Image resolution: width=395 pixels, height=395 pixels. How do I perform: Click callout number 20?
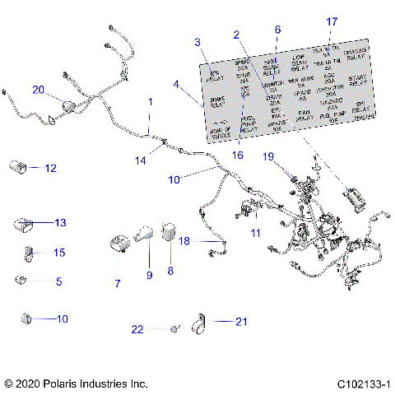[39, 90]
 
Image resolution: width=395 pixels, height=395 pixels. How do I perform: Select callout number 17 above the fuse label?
[332, 21]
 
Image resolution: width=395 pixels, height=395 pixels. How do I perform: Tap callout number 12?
[50, 168]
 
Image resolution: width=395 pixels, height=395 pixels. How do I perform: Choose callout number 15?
[58, 252]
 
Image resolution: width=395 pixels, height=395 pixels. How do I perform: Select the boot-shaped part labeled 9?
[146, 234]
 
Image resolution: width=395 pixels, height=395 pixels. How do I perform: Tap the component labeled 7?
[118, 244]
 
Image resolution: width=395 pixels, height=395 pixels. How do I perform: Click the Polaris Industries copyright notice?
[75, 383]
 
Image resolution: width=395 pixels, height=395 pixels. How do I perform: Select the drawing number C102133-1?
[362, 383]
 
